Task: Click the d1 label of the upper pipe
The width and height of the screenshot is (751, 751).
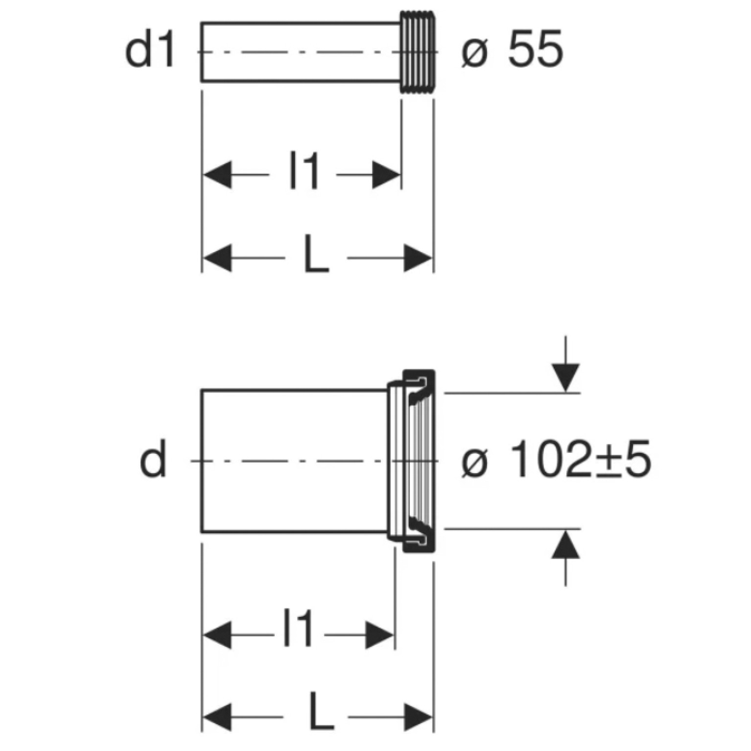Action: point(150,51)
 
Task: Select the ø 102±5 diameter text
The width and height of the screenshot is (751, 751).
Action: point(556,460)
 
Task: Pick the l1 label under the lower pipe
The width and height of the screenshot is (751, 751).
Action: point(298,630)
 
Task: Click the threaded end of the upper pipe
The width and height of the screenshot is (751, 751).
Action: point(417,52)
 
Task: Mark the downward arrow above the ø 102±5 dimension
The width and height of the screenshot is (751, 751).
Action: point(565,364)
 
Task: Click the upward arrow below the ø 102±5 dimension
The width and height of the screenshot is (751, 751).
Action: point(565,558)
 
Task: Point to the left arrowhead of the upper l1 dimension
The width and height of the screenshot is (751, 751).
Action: point(217,175)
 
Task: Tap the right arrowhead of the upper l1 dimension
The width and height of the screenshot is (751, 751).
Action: point(386,175)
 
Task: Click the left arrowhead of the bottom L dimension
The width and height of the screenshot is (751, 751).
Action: point(217,718)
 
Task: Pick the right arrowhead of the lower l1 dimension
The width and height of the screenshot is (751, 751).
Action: point(380,635)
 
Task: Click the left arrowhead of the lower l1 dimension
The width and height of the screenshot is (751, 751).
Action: point(217,635)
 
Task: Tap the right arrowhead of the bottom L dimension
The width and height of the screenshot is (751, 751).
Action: point(419,718)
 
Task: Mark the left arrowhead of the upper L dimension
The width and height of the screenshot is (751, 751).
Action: point(217,258)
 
